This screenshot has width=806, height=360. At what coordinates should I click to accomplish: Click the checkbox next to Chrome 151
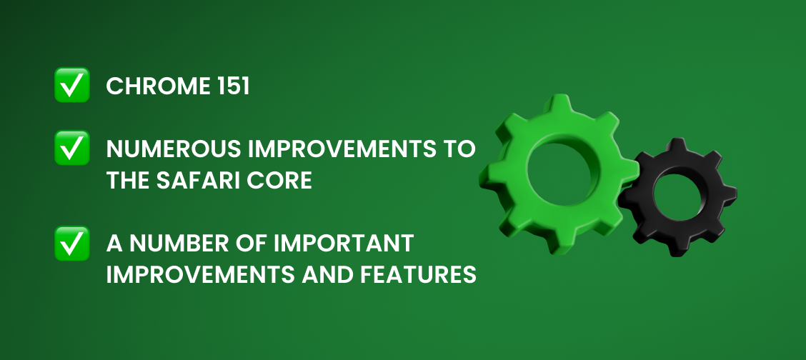click(x=72, y=85)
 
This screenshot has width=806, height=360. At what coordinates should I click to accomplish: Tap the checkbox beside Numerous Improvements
click(x=72, y=148)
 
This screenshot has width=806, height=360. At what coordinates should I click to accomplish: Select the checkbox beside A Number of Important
click(x=72, y=244)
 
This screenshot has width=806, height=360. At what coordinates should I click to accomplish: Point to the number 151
click(x=232, y=87)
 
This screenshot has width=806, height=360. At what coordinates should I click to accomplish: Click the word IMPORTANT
click(x=344, y=244)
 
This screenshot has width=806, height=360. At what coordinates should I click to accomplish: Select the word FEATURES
click(x=418, y=275)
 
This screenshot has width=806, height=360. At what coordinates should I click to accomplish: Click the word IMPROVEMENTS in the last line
click(x=200, y=275)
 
